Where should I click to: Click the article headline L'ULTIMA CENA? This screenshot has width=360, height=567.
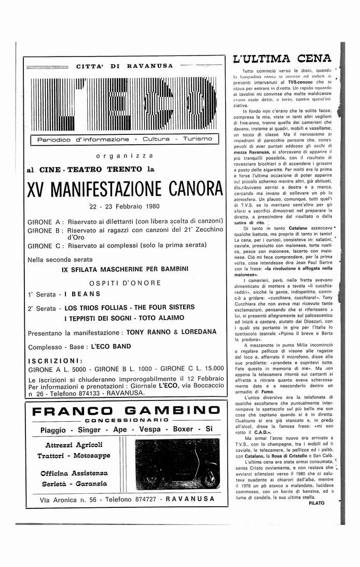(x=282, y=59)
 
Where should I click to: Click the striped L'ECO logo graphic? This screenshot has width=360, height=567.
(x=124, y=104)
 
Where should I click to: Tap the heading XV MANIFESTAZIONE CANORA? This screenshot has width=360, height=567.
(x=125, y=189)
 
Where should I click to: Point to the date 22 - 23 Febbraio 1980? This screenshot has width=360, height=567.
(x=124, y=206)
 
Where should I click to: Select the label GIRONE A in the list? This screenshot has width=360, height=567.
(x=44, y=220)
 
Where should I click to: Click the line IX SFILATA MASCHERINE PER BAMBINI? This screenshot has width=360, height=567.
(x=124, y=269)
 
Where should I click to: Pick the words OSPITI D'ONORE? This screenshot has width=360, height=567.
(x=124, y=283)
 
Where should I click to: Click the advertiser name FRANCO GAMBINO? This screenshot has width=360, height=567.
(x=125, y=411)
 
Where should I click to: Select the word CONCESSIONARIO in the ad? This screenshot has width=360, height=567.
(x=125, y=420)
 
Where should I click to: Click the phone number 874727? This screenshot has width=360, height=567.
(x=140, y=499)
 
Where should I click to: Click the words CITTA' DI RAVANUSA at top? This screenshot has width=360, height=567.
(x=124, y=66)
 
